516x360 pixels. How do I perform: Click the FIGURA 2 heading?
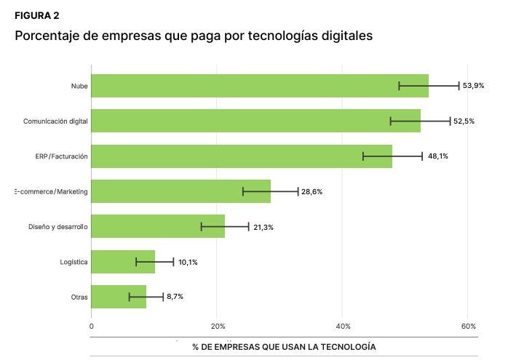[37, 16]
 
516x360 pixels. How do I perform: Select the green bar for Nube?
[259, 86]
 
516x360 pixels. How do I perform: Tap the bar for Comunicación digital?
[255, 121]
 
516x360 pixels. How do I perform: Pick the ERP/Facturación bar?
[242, 156]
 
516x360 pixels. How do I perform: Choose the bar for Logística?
[123, 262]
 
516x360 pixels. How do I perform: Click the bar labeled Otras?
[119, 297]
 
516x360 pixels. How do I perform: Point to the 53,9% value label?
[473, 86]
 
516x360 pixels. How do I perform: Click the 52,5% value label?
[464, 121]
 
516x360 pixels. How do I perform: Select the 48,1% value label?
[437, 156]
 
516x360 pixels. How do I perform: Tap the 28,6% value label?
[311, 192]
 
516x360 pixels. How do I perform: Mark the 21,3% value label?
[263, 227]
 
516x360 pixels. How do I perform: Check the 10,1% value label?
[188, 262]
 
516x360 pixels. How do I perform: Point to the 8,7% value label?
[175, 297]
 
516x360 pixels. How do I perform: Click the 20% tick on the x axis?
[217, 326]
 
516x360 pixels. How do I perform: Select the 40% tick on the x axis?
[344, 326]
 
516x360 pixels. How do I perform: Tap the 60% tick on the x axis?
[469, 326]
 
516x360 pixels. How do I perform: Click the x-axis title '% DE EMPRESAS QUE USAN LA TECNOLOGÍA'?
[284, 347]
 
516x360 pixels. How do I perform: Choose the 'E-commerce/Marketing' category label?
[51, 192]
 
